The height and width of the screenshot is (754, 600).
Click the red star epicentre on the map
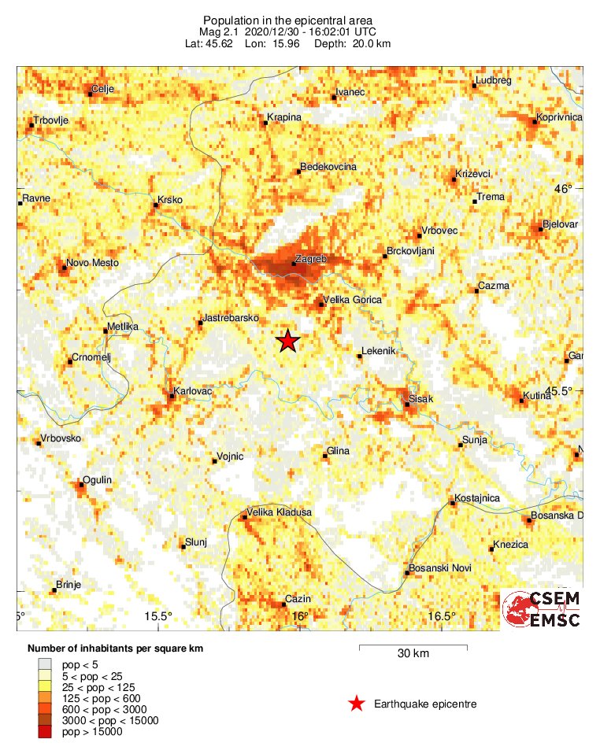pos(288,341)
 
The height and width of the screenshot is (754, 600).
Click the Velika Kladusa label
pos(280,512)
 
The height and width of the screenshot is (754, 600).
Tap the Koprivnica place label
pos(558,117)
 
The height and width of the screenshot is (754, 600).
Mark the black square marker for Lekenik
pos(360,357)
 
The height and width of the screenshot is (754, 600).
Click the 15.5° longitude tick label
pos(159,616)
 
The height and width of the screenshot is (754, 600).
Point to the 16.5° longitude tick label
pos(443,616)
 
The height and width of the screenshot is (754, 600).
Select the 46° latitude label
pos(564,189)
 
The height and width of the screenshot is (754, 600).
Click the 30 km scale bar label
pos(413,654)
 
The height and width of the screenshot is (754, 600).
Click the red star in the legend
pos(357,704)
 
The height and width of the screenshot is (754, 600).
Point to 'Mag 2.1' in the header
pos(219,31)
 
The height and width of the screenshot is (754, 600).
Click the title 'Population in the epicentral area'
pos(287,20)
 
